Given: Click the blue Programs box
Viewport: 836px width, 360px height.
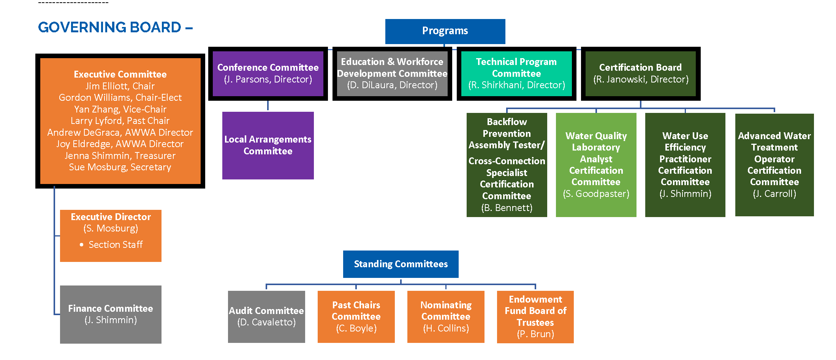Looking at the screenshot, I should (x=445, y=31).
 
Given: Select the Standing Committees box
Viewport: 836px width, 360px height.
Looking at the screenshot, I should (x=401, y=264).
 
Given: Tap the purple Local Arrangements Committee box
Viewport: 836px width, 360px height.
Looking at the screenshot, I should (x=268, y=146).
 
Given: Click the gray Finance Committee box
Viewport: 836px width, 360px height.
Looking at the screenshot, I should (x=111, y=314).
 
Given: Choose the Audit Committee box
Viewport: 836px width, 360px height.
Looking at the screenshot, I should (x=266, y=317).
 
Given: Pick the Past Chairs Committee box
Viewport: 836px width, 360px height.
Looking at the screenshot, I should (x=356, y=317).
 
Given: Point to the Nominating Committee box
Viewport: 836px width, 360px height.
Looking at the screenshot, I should (x=446, y=317).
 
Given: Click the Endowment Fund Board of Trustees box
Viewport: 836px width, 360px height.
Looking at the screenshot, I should (x=535, y=317).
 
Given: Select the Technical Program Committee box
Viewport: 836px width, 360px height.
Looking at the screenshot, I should (x=516, y=73).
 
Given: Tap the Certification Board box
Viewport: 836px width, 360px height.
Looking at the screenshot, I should (x=640, y=73).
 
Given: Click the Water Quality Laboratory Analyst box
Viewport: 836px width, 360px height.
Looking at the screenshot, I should (x=596, y=165).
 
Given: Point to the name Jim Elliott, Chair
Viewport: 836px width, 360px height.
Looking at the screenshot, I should (x=120, y=86).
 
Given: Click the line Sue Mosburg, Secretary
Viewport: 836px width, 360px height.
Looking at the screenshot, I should (x=120, y=167).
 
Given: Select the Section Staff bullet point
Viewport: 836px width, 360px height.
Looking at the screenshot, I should (x=116, y=245).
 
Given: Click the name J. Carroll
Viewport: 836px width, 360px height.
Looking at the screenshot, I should (x=774, y=194).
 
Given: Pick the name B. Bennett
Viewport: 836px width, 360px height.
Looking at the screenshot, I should (x=507, y=208).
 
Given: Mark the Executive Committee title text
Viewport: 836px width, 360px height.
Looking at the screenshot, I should (x=120, y=75).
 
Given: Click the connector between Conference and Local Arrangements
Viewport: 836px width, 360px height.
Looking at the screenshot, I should (x=268, y=106).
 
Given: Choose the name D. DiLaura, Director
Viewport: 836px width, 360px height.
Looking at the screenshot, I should (x=392, y=85).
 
